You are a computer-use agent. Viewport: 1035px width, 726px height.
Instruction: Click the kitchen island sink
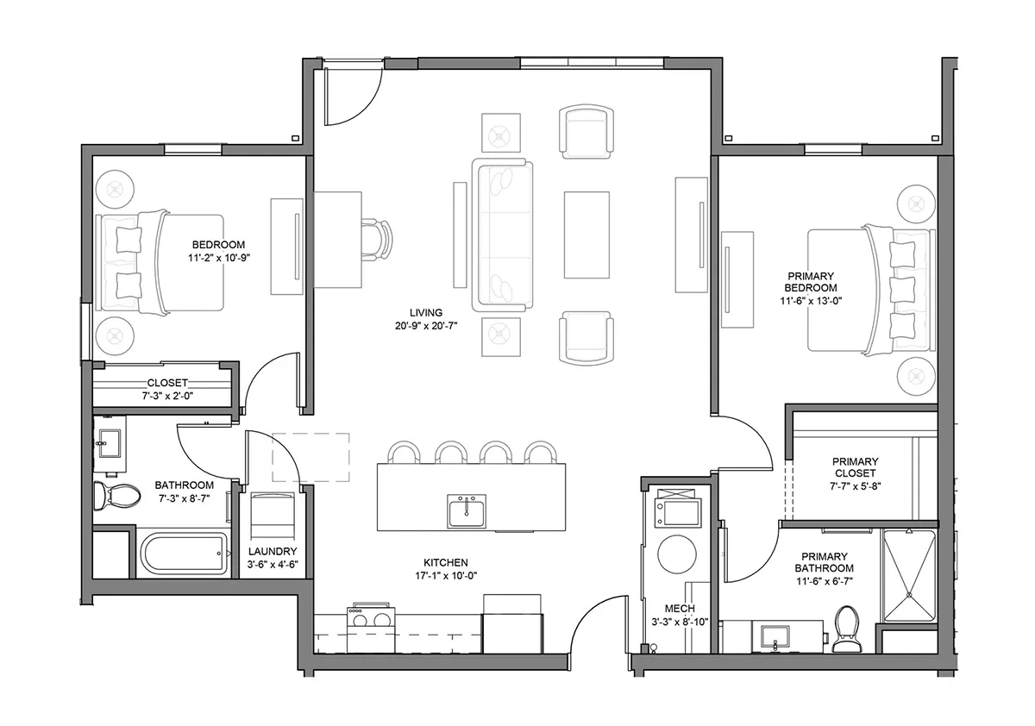467,511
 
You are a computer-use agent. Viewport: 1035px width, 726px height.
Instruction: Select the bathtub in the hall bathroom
184,553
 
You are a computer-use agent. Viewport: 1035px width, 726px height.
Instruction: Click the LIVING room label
425,313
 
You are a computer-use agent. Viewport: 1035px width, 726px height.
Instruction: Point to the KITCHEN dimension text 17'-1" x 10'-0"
445,575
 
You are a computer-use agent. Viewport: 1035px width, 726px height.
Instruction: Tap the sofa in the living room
502,235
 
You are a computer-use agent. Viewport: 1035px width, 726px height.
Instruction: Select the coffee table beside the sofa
586,235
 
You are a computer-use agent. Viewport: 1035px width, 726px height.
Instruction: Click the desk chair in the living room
377,240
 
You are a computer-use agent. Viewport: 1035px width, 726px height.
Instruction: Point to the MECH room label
680,608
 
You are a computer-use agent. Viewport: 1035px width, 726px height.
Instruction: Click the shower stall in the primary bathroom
909,576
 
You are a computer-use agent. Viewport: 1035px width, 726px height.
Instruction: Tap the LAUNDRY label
273,551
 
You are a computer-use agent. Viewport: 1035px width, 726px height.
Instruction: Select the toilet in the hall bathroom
117,496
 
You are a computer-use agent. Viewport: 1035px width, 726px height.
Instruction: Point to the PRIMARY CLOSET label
856,467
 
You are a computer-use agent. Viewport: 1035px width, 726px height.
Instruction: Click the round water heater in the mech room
677,554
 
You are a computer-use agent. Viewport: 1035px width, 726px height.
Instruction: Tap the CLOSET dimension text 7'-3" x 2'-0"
167,396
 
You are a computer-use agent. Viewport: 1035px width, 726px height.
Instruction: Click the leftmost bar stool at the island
404,451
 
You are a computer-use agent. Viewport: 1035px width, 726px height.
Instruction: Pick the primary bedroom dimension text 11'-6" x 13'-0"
811,301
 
